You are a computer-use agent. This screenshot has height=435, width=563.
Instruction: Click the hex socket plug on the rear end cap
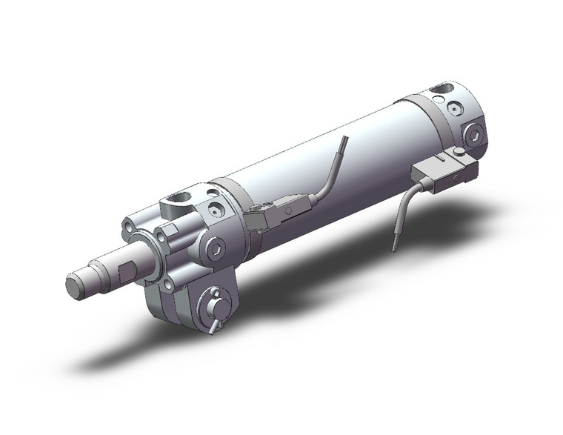(x=473, y=135)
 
